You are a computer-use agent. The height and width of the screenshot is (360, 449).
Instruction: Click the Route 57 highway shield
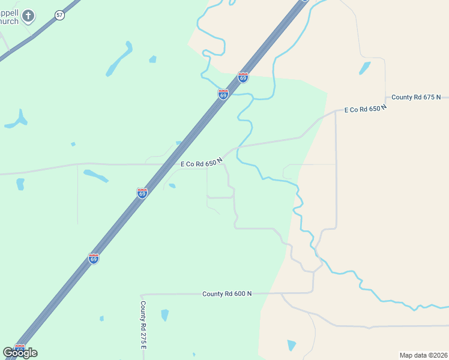tap(59, 15)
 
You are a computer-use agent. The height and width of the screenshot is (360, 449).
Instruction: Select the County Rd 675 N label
tap(416, 97)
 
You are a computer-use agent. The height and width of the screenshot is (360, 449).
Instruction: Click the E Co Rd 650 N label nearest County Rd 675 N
tap(365, 109)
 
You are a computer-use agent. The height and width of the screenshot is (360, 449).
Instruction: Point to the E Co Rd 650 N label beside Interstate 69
tap(202, 162)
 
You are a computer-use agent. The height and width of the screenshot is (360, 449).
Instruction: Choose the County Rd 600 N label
tap(226, 294)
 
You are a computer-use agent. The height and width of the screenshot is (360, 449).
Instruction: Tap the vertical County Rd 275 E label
tap(144, 325)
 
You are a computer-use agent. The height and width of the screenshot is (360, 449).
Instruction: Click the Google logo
tap(20, 352)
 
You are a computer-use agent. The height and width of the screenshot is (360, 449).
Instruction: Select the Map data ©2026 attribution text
tap(423, 355)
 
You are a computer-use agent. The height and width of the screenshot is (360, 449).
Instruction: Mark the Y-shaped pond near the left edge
tap(17, 120)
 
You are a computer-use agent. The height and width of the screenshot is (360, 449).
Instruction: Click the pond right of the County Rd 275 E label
tap(164, 315)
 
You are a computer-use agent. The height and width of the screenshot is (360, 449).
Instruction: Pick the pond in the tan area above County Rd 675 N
tap(365, 68)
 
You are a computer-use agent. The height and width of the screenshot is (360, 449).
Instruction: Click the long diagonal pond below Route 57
tap(119, 59)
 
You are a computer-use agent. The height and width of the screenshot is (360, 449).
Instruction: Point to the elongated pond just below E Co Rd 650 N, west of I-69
tap(96, 176)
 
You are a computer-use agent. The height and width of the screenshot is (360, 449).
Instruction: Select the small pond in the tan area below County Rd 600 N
tap(291, 346)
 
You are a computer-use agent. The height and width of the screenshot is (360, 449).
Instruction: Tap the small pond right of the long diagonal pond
tap(152, 59)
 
